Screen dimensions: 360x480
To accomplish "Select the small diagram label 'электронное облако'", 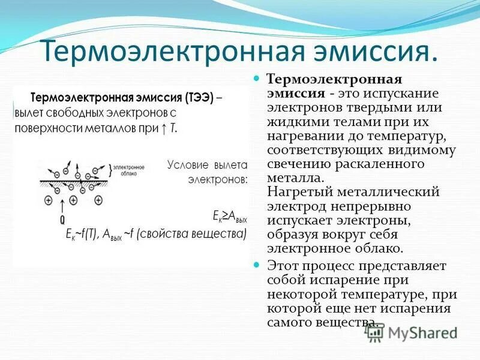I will click(x=127, y=171).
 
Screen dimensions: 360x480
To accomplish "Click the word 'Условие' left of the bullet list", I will click(x=187, y=164).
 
